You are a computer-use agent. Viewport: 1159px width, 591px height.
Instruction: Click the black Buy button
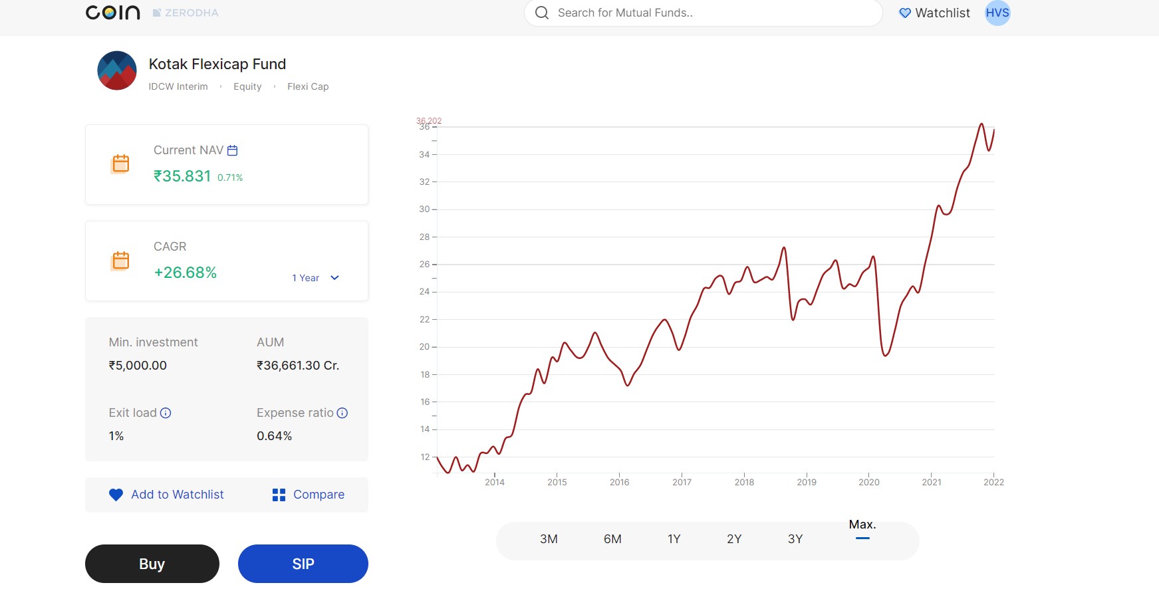pyautogui.click(x=152, y=564)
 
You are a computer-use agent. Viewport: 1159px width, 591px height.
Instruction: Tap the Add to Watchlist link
pyautogui.click(x=167, y=495)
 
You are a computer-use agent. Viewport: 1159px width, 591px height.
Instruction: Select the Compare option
pyautogui.click(x=309, y=495)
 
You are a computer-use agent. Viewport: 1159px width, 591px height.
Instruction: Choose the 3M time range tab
pyautogui.click(x=549, y=539)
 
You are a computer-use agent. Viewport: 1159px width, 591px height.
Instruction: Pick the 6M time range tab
pyautogui.click(x=612, y=539)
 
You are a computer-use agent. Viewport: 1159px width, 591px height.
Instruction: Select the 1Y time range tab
pyautogui.click(x=674, y=539)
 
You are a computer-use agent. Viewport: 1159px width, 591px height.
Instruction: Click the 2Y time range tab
pyautogui.click(x=734, y=539)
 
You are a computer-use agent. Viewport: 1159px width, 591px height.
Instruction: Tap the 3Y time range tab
pyautogui.click(x=795, y=539)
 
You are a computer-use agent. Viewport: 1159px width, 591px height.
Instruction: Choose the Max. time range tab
pyautogui.click(x=862, y=525)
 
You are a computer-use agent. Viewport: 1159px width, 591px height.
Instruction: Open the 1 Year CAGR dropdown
pyautogui.click(x=316, y=278)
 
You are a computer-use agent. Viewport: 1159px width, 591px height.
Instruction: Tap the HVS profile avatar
pyautogui.click(x=997, y=13)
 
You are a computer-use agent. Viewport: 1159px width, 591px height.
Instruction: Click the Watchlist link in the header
pyautogui.click(x=934, y=13)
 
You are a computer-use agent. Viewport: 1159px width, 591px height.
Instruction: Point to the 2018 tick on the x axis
pyautogui.click(x=744, y=482)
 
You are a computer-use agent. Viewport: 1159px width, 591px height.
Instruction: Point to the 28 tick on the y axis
pyautogui.click(x=425, y=237)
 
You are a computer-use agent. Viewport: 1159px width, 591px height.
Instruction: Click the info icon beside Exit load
pyautogui.click(x=166, y=413)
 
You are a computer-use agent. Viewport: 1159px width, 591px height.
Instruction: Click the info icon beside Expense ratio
pyautogui.click(x=342, y=413)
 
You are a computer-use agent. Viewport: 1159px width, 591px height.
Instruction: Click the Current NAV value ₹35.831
pyautogui.click(x=182, y=176)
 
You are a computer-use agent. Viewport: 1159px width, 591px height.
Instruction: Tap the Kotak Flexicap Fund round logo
pyautogui.click(x=117, y=70)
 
